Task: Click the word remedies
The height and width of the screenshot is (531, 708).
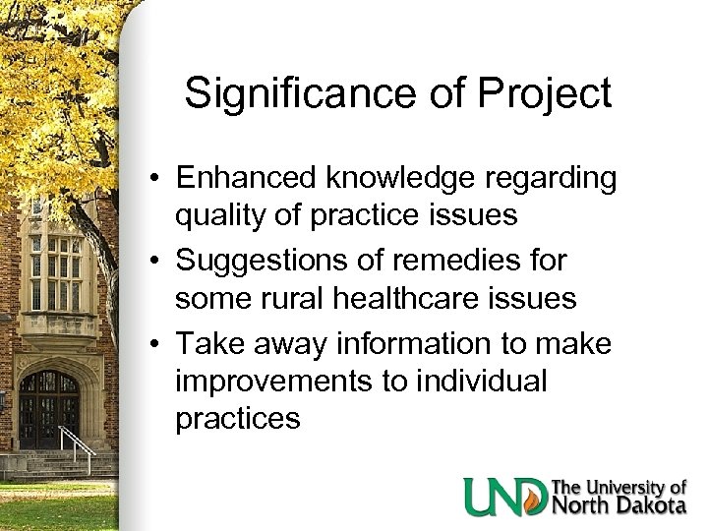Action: pyautogui.click(x=460, y=262)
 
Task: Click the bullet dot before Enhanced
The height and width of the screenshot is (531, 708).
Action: pyautogui.click(x=156, y=180)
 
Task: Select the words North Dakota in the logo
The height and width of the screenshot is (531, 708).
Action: pyautogui.click(x=619, y=505)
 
